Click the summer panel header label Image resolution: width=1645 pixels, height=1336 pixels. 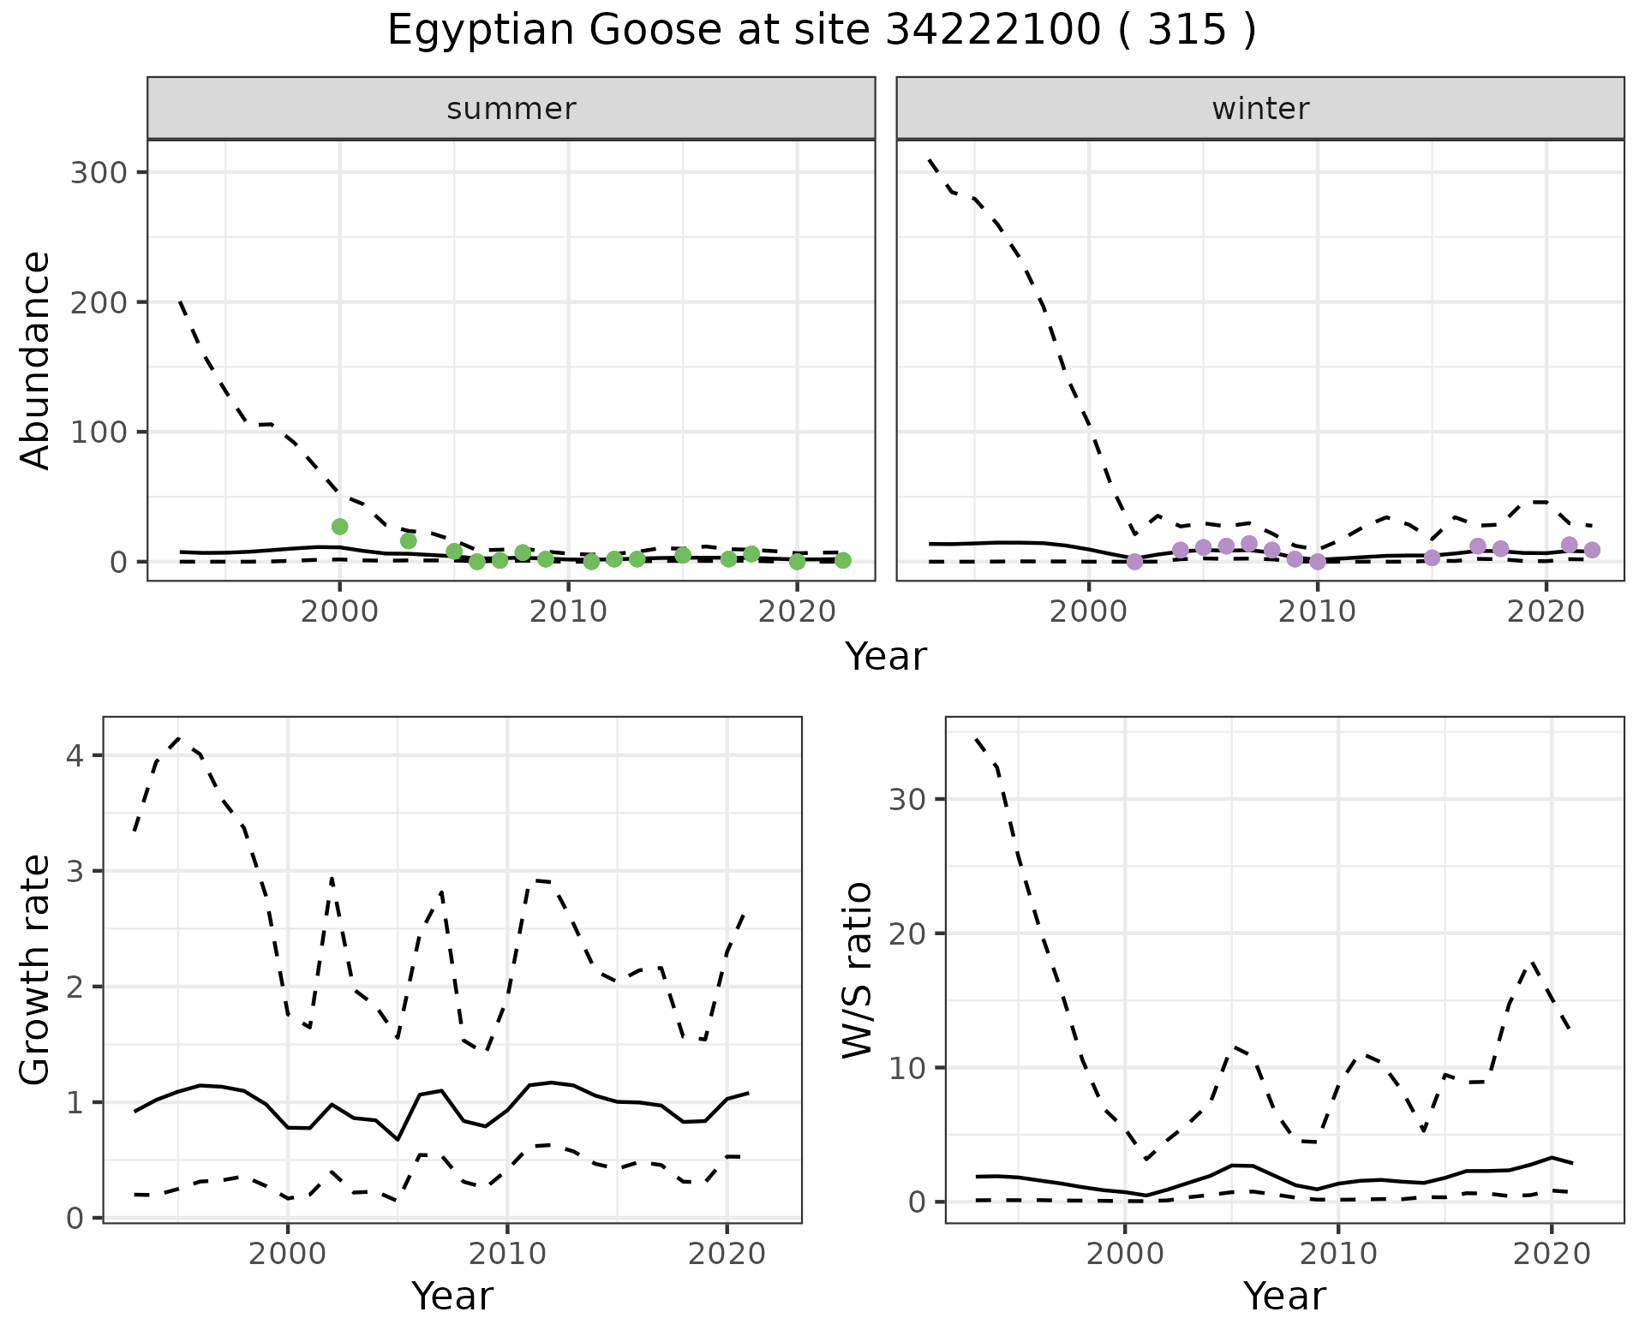pyautogui.click(x=511, y=109)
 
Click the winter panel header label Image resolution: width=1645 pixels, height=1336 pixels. pyautogui.click(x=1260, y=109)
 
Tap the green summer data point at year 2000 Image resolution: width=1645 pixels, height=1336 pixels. pyautogui.click(x=340, y=527)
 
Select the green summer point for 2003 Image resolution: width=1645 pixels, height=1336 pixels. pyautogui.click(x=409, y=540)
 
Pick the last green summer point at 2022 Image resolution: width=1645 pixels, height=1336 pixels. pyautogui.click(x=843, y=560)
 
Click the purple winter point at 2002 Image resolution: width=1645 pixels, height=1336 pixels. pyautogui.click(x=1134, y=562)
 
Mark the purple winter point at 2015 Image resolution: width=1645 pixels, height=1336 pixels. pyautogui.click(x=1432, y=558)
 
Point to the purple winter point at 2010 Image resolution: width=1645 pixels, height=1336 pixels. pyautogui.click(x=1318, y=562)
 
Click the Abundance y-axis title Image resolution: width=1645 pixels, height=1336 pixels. pyautogui.click(x=36, y=360)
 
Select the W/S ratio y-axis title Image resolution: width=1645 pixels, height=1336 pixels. pyautogui.click(x=857, y=969)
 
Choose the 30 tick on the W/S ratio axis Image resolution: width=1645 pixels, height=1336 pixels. pyautogui.click(x=907, y=799)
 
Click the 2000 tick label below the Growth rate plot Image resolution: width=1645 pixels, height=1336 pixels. pyautogui.click(x=288, y=1255)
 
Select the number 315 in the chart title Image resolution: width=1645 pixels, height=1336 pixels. pyautogui.click(x=1187, y=31)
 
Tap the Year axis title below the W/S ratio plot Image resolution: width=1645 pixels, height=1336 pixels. pyautogui.click(x=1284, y=1297)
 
